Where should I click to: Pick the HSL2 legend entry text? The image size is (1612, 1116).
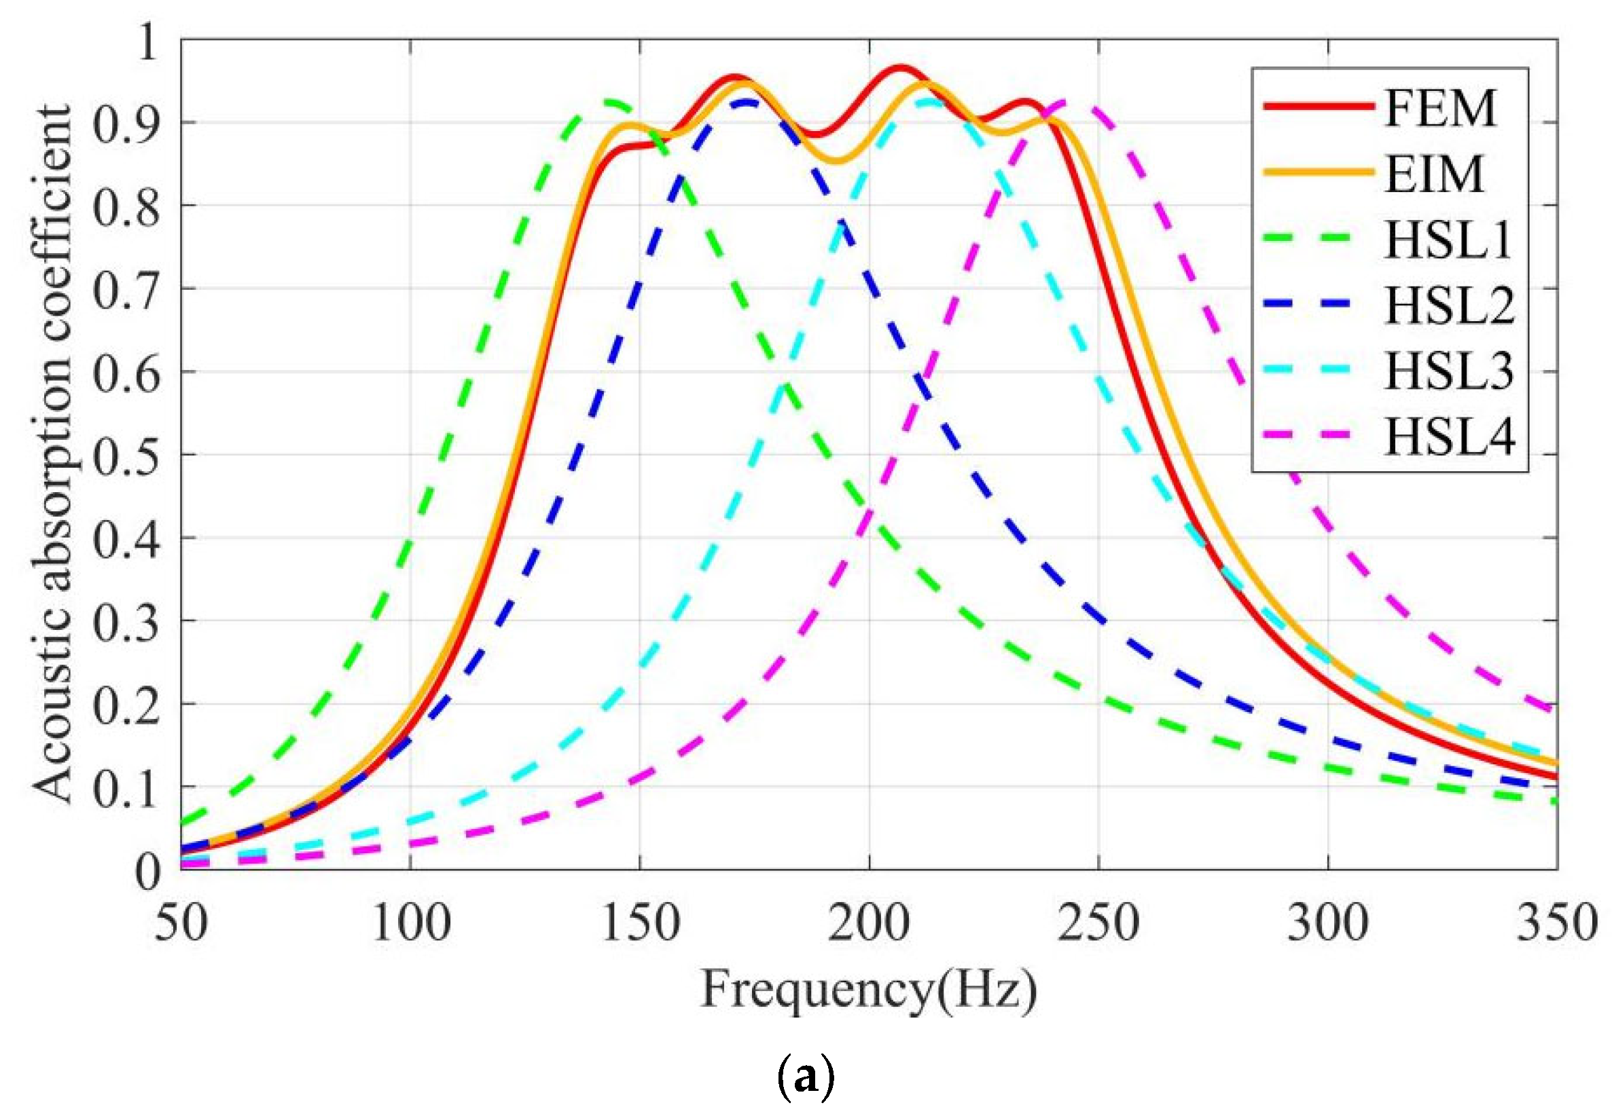pyautogui.click(x=1448, y=305)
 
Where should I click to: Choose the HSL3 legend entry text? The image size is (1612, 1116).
pyautogui.click(x=1448, y=371)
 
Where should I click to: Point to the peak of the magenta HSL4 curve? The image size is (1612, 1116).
pyautogui.click(x=1071, y=103)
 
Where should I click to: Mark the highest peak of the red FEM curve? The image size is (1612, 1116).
pyautogui.click(x=900, y=67)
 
